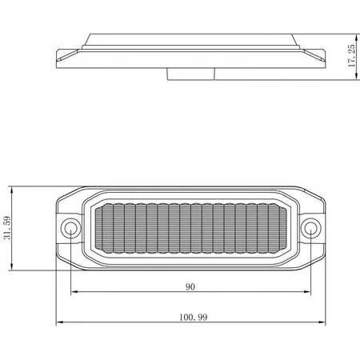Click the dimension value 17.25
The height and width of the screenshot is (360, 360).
click(x=351, y=56)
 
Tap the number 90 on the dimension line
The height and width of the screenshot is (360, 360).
click(x=190, y=285)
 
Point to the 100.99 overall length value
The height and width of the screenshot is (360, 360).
click(x=192, y=318)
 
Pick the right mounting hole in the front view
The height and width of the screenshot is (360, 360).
click(x=310, y=230)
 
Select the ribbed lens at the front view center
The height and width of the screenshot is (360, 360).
click(x=190, y=229)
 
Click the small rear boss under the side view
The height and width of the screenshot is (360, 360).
click(x=190, y=74)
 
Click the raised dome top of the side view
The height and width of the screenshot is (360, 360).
click(x=190, y=35)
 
